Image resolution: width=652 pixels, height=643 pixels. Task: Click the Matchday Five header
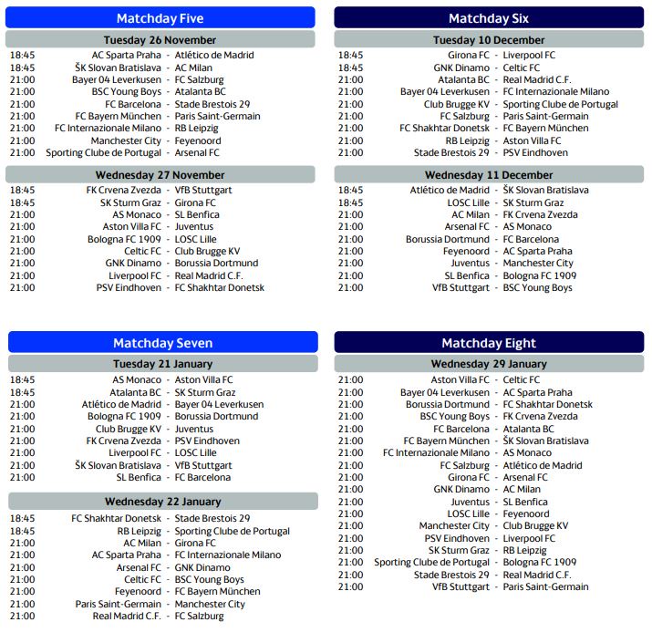click(160, 18)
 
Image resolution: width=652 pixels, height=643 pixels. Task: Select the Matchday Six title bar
click(489, 18)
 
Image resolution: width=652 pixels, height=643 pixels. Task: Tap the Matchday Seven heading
click(162, 343)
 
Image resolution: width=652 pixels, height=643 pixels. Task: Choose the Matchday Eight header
click(489, 343)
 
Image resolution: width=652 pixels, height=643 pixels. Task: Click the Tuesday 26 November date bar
click(160, 40)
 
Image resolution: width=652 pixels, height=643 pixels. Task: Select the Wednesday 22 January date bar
click(162, 501)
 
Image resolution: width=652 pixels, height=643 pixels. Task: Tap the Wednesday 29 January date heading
click(489, 364)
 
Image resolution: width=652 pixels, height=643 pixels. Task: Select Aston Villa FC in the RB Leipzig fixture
click(533, 140)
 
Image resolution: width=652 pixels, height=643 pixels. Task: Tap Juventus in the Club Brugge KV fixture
click(194, 429)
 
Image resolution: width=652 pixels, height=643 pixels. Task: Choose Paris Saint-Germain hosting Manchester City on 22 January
click(118, 604)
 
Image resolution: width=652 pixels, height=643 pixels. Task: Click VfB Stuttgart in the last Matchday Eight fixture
click(461, 587)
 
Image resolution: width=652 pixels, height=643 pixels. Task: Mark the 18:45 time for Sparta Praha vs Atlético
click(22, 56)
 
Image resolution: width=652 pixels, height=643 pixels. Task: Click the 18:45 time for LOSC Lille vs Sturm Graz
click(350, 202)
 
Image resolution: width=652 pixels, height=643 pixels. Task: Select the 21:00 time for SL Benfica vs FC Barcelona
click(22, 477)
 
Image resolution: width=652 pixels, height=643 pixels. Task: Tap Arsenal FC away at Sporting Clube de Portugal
click(197, 153)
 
